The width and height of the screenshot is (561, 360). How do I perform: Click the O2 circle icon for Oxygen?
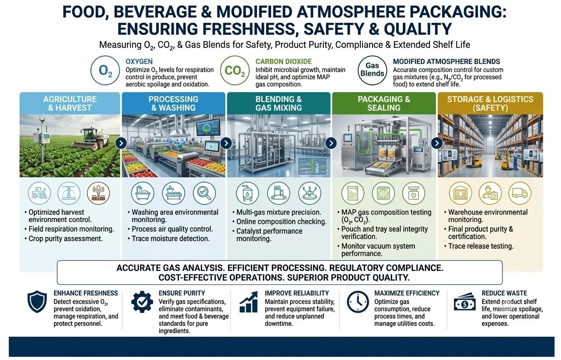pos(105,70)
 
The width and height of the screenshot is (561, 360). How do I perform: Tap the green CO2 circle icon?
pos(235,70)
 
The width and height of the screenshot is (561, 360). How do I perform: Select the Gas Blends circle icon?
pos(372,70)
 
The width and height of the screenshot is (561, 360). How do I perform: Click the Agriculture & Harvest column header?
pos(70,103)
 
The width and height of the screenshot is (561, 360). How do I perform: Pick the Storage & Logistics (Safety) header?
pos(490,103)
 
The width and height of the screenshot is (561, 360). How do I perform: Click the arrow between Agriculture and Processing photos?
pos(121,143)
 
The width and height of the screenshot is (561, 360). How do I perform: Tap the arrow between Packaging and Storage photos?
pos(437,143)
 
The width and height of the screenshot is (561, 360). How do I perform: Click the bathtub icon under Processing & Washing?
pos(143,193)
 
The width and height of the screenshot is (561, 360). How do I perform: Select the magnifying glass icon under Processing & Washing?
pos(204,193)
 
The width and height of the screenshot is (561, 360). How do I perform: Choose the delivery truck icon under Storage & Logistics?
pos(520,193)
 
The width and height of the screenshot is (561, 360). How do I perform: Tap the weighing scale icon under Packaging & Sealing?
pos(414,193)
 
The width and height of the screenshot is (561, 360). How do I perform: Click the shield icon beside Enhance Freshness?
pos(37,301)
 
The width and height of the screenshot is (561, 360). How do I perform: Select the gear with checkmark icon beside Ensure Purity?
pos(142,302)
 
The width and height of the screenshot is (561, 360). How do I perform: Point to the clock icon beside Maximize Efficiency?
pos(358,302)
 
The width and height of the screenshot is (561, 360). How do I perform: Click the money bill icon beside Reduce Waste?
pos(465,302)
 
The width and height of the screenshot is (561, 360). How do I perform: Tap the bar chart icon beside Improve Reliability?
pos(248,302)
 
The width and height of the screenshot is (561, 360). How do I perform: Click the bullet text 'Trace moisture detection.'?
pos(170,239)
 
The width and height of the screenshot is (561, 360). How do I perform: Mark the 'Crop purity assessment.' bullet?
pos(66,239)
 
